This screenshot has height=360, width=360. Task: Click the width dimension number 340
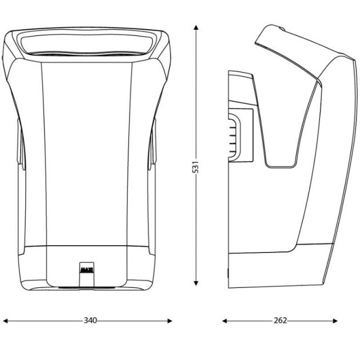89,321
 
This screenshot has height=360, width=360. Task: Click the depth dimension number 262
279,321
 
